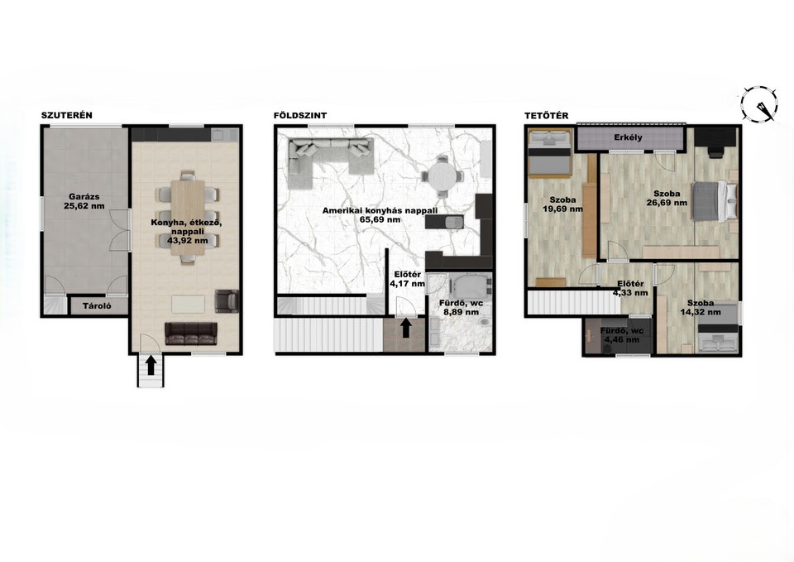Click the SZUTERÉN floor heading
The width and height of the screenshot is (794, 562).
coord(67,115)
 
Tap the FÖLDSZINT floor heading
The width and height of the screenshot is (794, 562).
coord(300,115)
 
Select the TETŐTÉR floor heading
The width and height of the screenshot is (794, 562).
coord(547,116)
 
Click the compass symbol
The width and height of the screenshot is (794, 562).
coord(759,105)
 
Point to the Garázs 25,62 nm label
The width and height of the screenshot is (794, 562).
coord(84,201)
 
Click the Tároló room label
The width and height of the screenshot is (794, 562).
coord(97,306)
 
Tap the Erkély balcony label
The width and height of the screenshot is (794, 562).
coord(628,137)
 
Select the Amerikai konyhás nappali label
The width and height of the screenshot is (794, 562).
coord(380,215)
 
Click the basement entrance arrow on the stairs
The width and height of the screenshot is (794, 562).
coord(151,366)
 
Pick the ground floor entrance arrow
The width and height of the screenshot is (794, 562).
coord(405,328)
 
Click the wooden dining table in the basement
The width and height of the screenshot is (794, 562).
coord(188,217)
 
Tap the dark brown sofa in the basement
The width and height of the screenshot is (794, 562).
coord(191,334)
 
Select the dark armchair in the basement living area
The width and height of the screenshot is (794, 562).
coord(227,300)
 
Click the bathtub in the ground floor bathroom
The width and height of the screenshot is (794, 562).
coord(471,286)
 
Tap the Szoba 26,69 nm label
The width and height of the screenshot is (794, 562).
coord(667,198)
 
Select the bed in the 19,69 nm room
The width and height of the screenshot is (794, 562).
coord(549,152)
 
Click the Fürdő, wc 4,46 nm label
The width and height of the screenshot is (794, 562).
coord(621,335)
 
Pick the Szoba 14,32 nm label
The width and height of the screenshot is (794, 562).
coord(701,308)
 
